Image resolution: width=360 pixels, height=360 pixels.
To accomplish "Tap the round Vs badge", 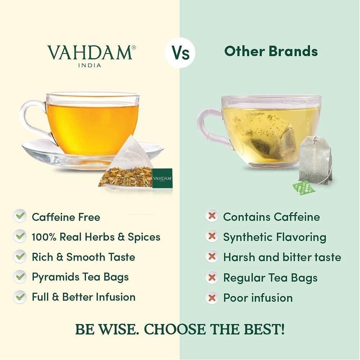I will click(x=180, y=52).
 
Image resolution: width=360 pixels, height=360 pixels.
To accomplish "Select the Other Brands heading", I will click(x=271, y=51).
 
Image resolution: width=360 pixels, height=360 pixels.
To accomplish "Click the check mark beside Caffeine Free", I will click(x=20, y=216).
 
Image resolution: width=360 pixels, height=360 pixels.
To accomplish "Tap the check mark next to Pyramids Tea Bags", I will click(x=20, y=276).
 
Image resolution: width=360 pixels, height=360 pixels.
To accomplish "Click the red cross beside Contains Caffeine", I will click(x=211, y=216).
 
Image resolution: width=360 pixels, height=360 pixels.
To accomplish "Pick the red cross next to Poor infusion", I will click(x=211, y=297).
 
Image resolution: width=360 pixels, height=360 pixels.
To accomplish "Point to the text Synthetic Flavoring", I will click(x=274, y=237).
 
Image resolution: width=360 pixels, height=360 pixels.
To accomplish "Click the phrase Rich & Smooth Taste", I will click(x=83, y=257).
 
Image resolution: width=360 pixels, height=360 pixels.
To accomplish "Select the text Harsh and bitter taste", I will click(x=282, y=257).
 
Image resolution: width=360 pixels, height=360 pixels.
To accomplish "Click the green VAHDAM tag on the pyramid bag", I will click(x=162, y=177).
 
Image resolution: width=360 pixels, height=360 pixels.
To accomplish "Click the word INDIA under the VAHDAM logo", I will click(x=90, y=65).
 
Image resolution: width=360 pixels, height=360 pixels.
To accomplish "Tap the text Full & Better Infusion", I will click(x=83, y=297).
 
